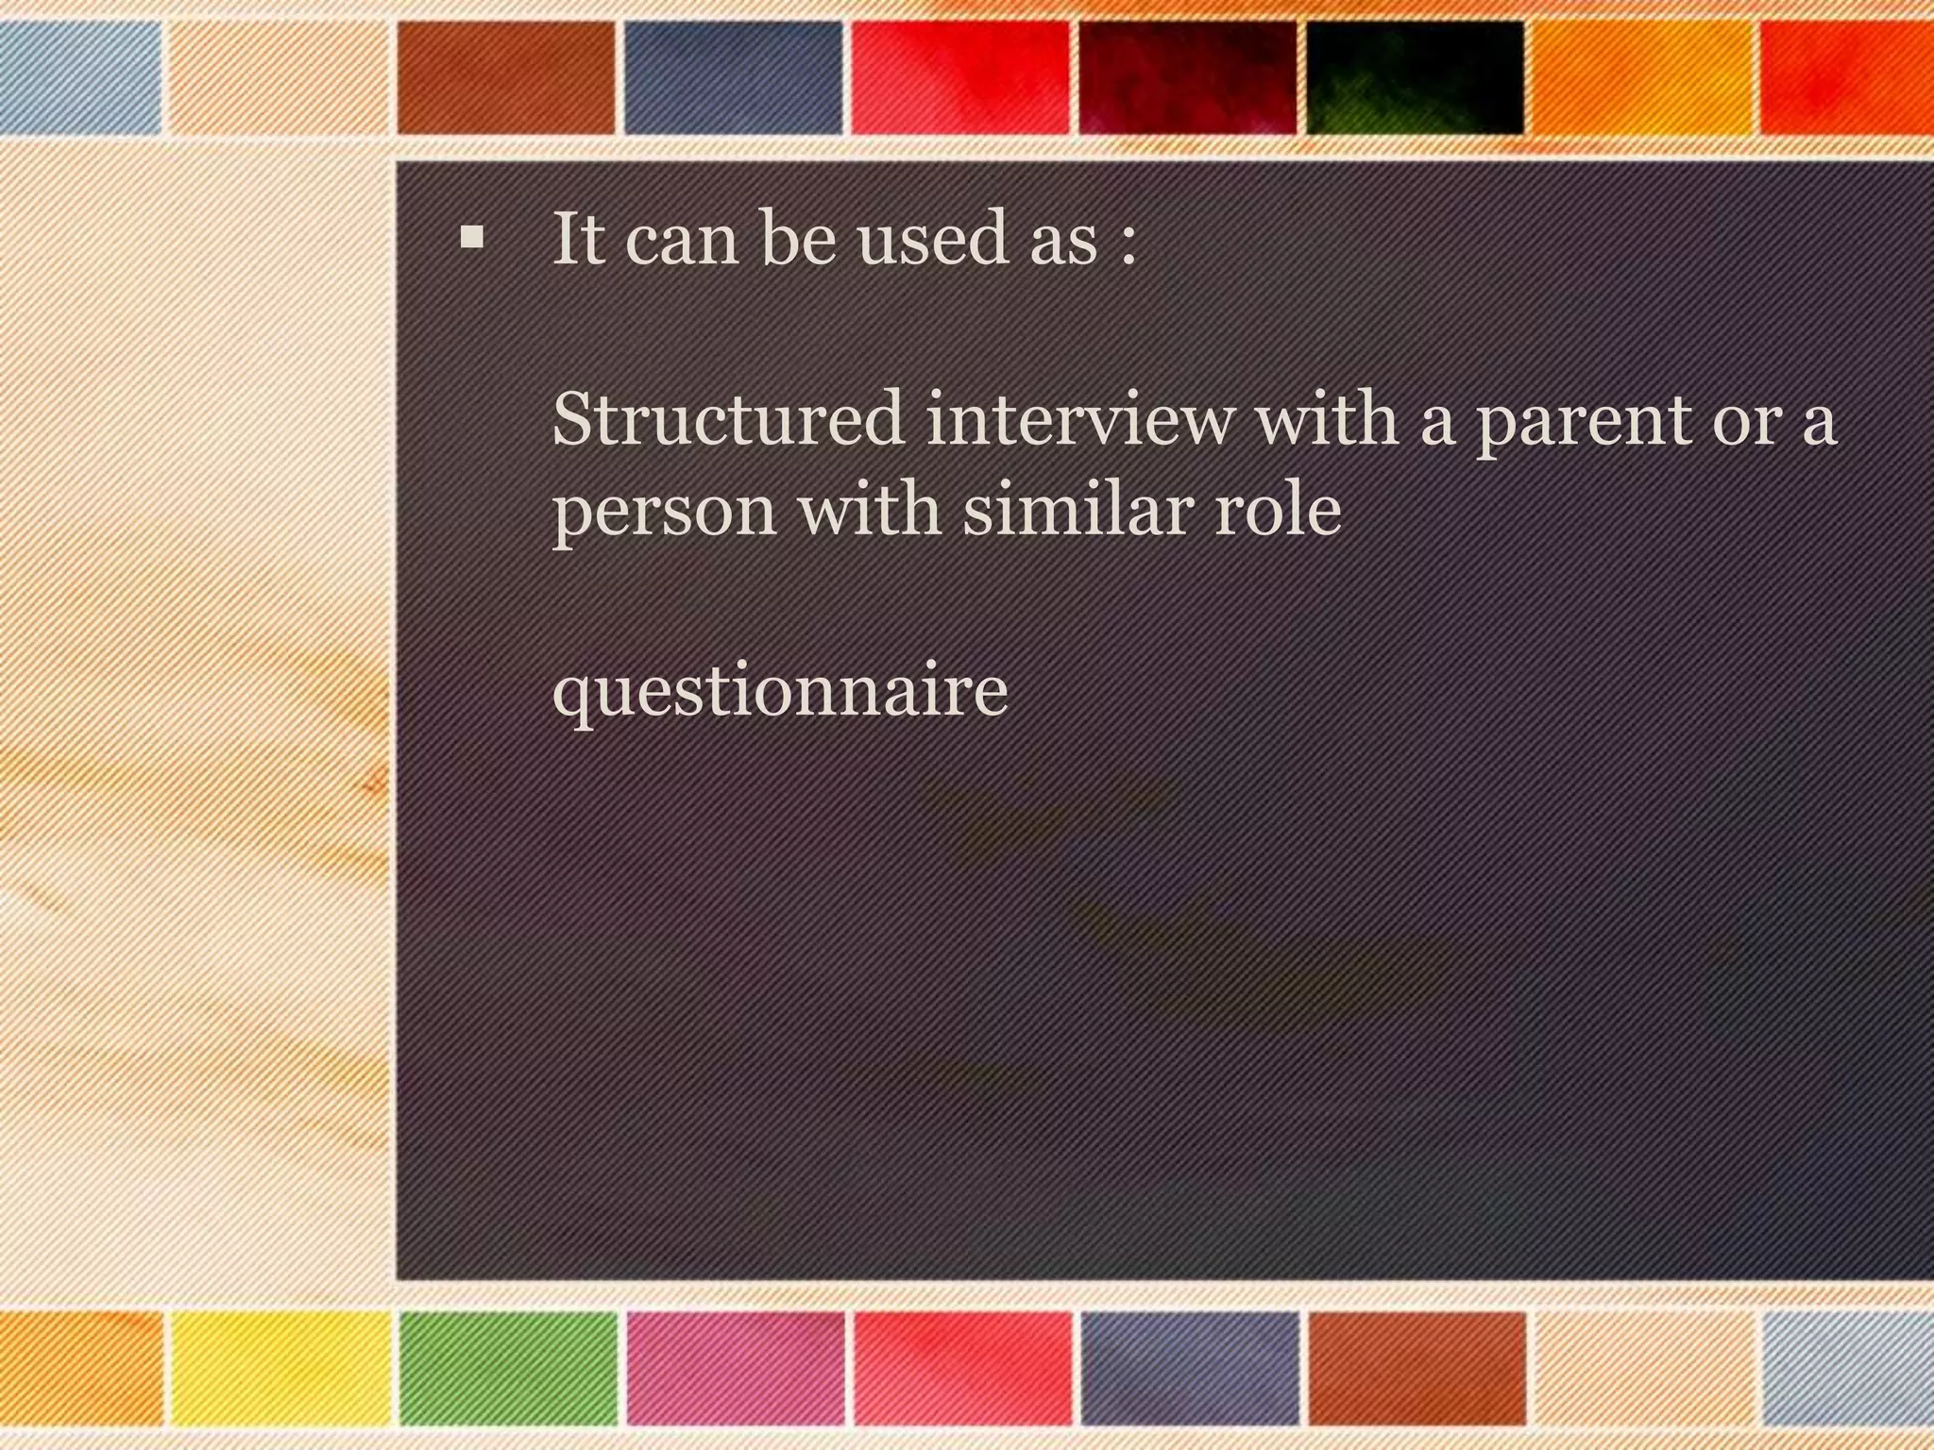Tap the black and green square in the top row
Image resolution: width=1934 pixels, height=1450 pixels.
point(1415,77)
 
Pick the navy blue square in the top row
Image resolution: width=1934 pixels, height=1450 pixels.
point(733,77)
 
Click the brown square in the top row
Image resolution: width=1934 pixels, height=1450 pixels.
point(505,77)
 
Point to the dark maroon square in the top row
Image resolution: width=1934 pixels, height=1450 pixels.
point(1187,77)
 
